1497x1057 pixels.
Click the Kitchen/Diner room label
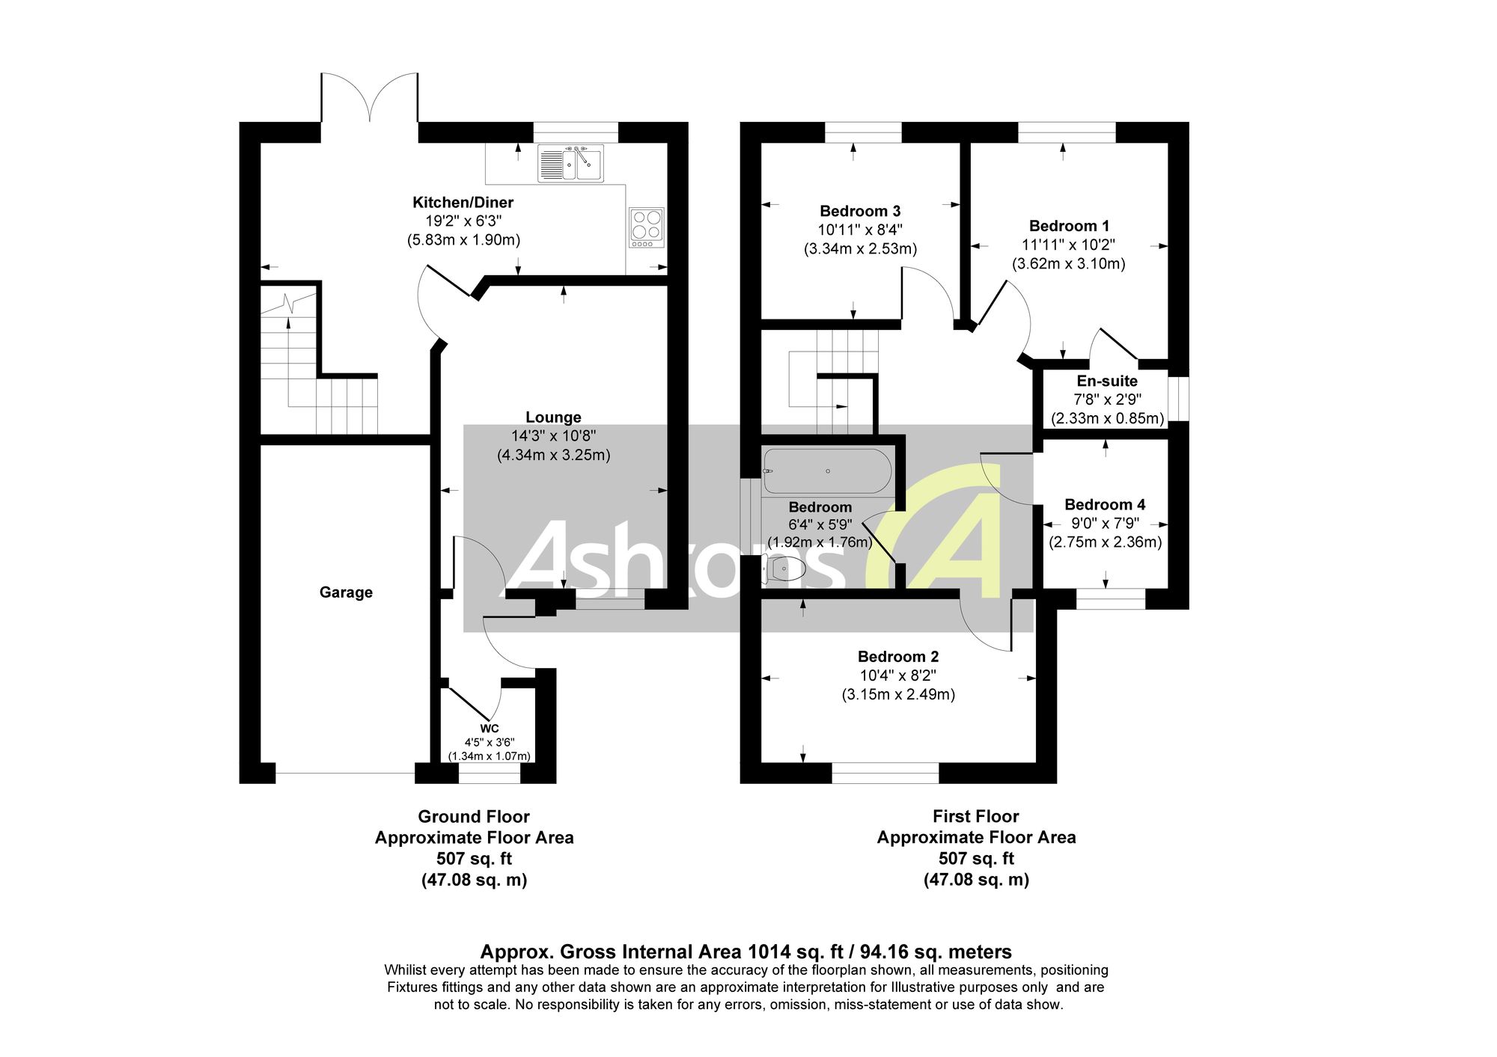(463, 202)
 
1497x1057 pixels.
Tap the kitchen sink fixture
(570, 164)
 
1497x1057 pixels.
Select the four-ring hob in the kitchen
(647, 227)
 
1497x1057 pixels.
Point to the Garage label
(346, 592)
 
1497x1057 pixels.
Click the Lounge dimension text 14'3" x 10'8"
(554, 436)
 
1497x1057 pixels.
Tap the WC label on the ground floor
(490, 729)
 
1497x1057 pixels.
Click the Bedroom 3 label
(860, 211)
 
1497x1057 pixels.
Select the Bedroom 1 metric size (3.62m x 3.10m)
(1069, 263)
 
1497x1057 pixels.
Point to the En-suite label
(1107, 381)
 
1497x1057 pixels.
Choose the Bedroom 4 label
(1105, 505)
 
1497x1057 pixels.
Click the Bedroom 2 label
(898, 657)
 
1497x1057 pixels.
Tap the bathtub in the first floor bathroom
(827, 471)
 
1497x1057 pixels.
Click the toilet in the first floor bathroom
(784, 570)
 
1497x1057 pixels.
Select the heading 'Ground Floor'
(474, 817)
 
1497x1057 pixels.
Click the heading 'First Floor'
(976, 816)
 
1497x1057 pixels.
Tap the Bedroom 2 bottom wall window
(885, 773)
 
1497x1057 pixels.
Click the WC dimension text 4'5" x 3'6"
(490, 743)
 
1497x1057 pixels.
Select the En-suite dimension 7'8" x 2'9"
(1107, 399)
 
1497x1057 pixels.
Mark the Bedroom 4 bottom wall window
(1111, 598)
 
